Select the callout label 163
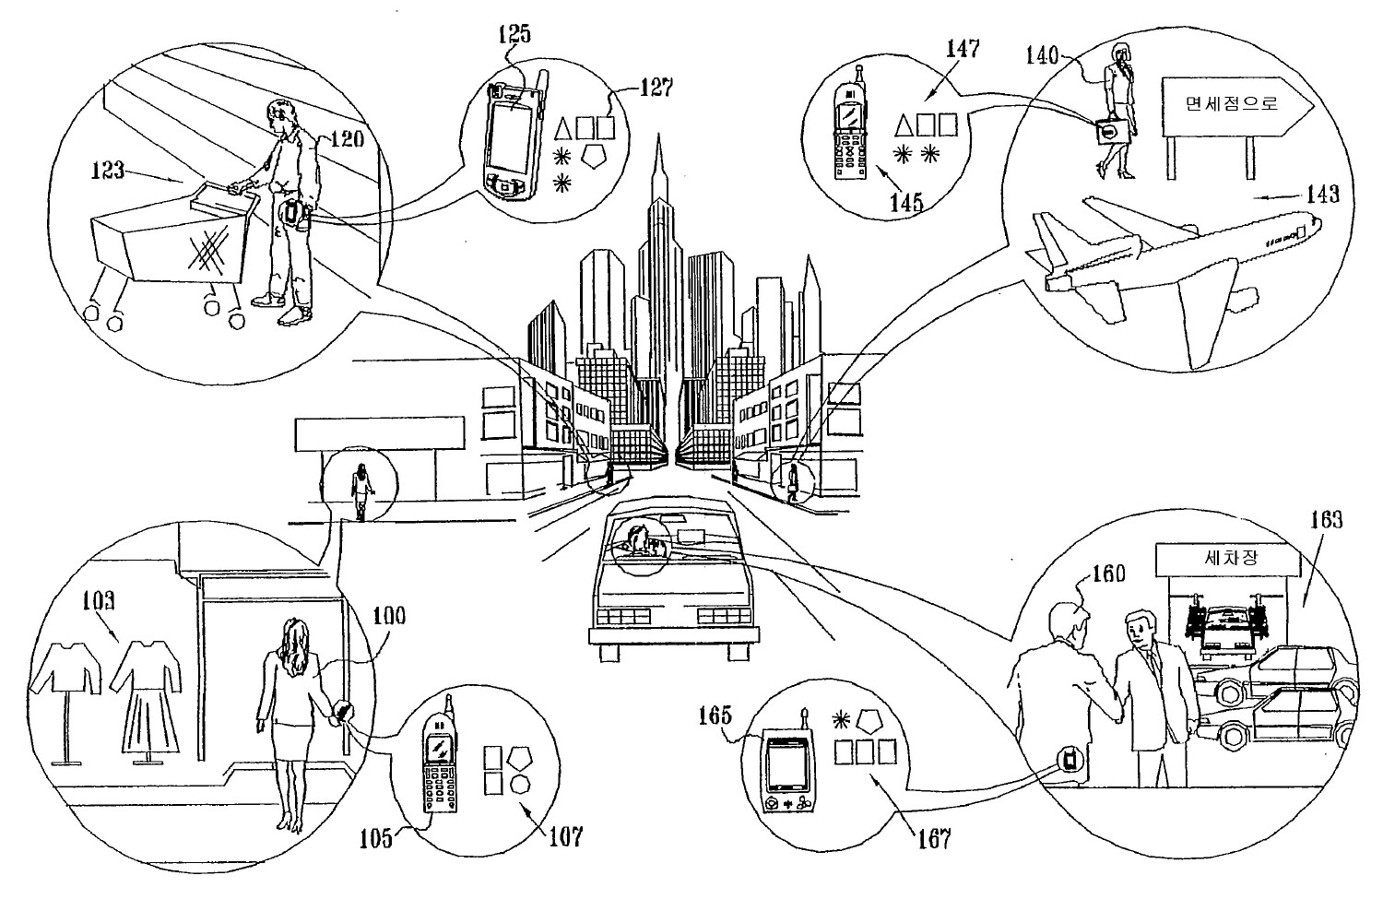point(1329,519)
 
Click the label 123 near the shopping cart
point(109,171)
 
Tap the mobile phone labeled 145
point(850,134)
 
